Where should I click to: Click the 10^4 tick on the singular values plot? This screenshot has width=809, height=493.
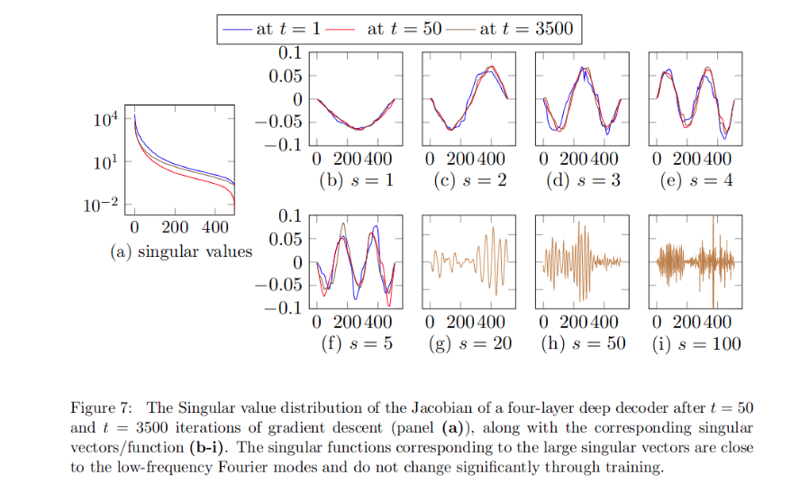(105, 118)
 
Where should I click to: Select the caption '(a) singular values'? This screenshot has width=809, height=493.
(181, 251)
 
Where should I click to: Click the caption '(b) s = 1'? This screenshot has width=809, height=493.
(357, 180)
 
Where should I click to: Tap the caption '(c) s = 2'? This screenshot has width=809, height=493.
(469, 180)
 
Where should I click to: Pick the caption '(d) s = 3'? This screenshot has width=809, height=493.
(583, 180)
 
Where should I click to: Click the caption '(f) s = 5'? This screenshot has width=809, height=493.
(357, 343)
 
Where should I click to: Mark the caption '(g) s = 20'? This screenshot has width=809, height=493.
(469, 343)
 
